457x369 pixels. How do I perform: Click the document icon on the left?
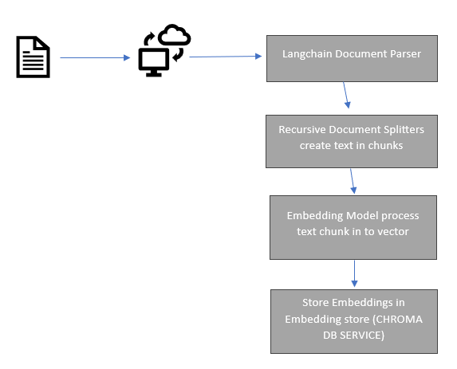33,57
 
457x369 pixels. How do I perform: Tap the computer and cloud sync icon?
164,51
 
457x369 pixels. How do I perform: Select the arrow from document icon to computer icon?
94,57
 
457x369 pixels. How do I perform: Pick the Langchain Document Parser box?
351,58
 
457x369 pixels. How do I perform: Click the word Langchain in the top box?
309,54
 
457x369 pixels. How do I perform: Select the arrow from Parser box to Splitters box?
346,96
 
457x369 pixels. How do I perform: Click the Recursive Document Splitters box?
351,140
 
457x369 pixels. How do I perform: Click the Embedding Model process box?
353,226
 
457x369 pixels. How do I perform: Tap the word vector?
394,231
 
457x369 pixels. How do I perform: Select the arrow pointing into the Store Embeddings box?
353,273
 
